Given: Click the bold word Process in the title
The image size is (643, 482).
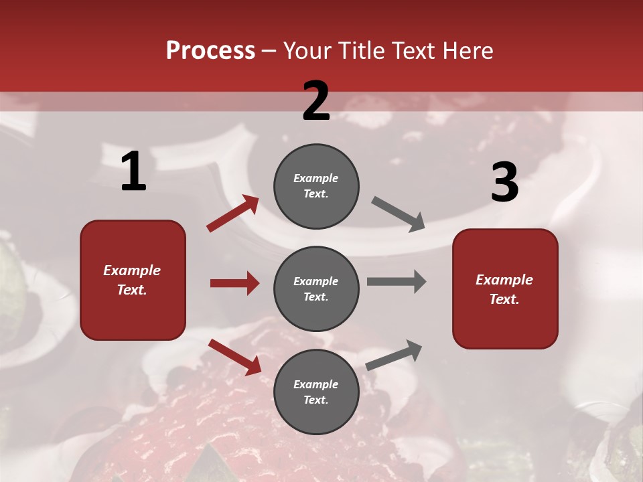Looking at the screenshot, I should click(x=210, y=51).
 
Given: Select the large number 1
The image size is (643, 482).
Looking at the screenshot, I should click(x=133, y=172).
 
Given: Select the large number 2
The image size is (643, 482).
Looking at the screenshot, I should click(x=316, y=101).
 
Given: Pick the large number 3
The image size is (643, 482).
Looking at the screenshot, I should click(x=504, y=183).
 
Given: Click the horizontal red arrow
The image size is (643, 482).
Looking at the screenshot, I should click(x=234, y=283).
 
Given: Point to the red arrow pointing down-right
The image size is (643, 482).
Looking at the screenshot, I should click(x=235, y=357).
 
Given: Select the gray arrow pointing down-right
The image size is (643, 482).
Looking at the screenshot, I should click(x=399, y=214).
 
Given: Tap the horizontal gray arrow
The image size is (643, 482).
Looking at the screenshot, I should click(x=396, y=282).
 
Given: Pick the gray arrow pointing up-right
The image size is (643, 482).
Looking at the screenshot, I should click(x=395, y=355).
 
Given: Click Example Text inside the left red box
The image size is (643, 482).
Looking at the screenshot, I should click(x=132, y=280).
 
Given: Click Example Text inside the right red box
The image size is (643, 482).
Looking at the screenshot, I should click(x=504, y=289).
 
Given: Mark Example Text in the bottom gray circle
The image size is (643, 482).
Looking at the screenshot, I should click(x=316, y=392).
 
